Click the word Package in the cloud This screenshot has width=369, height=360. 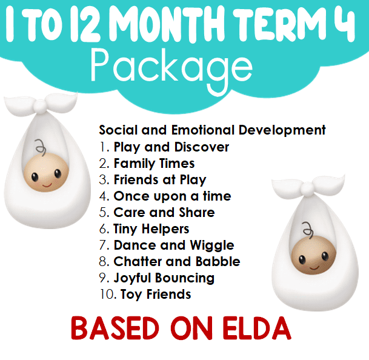tap(171, 68)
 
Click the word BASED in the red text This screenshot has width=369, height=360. tap(115, 328)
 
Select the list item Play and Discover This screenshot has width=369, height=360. tap(171, 147)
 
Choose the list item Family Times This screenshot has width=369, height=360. tap(154, 164)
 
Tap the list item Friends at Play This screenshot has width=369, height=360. tap(160, 180)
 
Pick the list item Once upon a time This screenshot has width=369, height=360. tap(172, 196)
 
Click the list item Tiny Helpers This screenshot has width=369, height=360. tap(151, 229)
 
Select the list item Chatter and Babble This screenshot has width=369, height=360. tap(177, 261)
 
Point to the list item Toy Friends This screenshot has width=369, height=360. tap(156, 295)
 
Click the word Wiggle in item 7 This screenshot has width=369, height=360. tap(212, 245)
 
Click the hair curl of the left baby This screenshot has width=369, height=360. tap(41, 147)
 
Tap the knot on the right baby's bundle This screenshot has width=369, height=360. tap(307, 188)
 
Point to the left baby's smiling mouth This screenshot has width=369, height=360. tap(47, 185)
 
